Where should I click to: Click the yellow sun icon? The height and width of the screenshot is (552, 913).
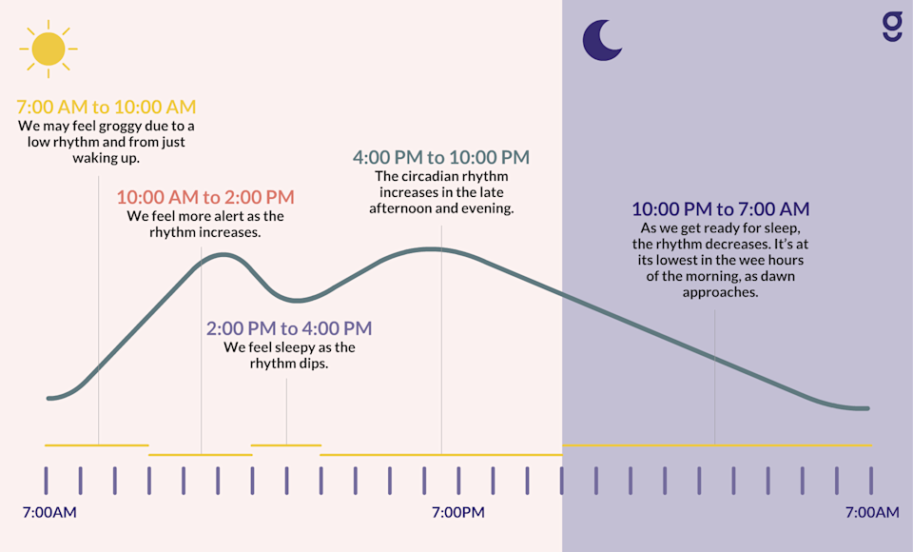(47, 49)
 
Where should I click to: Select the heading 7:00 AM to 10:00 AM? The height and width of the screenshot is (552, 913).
(107, 107)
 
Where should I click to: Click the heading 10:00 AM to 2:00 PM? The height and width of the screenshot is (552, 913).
(205, 198)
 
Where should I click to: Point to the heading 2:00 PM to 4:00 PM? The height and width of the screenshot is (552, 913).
(289, 328)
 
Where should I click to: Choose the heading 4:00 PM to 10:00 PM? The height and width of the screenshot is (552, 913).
(441, 157)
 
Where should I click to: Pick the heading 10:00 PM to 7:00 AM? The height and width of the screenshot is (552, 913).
(721, 209)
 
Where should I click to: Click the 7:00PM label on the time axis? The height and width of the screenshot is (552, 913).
(458, 513)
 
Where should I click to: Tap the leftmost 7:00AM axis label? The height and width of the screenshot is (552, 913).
(49, 513)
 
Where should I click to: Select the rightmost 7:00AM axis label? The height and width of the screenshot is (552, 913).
(872, 513)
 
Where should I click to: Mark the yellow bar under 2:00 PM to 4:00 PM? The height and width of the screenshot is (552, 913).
(286, 444)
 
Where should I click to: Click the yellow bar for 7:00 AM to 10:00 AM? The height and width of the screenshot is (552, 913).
(97, 444)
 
